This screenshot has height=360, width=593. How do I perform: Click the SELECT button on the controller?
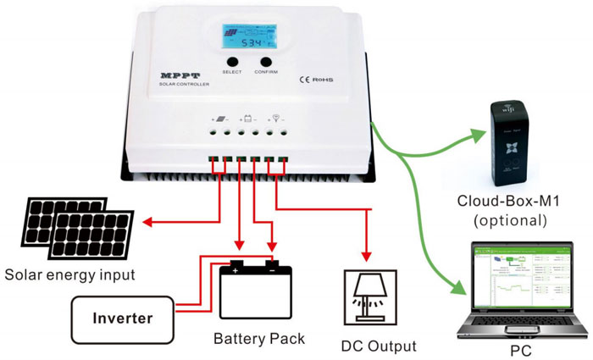tap(232, 62)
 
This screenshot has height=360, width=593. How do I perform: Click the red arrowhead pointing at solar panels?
tap(144, 224)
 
